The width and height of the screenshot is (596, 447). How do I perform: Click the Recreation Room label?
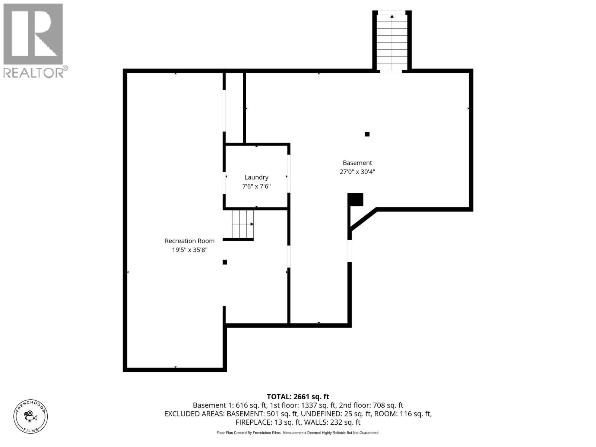coord(190,241)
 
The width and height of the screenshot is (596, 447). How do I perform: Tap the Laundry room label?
coord(256,177)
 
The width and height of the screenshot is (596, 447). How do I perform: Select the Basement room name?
coord(357,163)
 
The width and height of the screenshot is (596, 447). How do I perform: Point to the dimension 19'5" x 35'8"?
coord(190,250)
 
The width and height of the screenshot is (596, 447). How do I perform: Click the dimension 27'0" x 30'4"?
coord(357,172)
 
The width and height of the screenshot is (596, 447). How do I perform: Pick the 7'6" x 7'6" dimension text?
coord(256,186)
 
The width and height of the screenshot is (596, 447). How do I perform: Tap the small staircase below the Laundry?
coord(242,224)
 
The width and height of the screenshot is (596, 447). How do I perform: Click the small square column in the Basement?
coord(367,134)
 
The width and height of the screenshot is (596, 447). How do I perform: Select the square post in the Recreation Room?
coord(225,262)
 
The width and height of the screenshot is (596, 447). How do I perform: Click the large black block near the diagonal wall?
coord(356,200)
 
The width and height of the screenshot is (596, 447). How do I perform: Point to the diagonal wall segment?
coord(364,220)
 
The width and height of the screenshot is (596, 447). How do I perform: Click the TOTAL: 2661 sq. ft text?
coord(298,397)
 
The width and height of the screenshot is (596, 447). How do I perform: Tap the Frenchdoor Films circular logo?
coord(31,416)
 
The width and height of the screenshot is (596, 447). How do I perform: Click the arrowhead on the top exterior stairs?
coord(392,16)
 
